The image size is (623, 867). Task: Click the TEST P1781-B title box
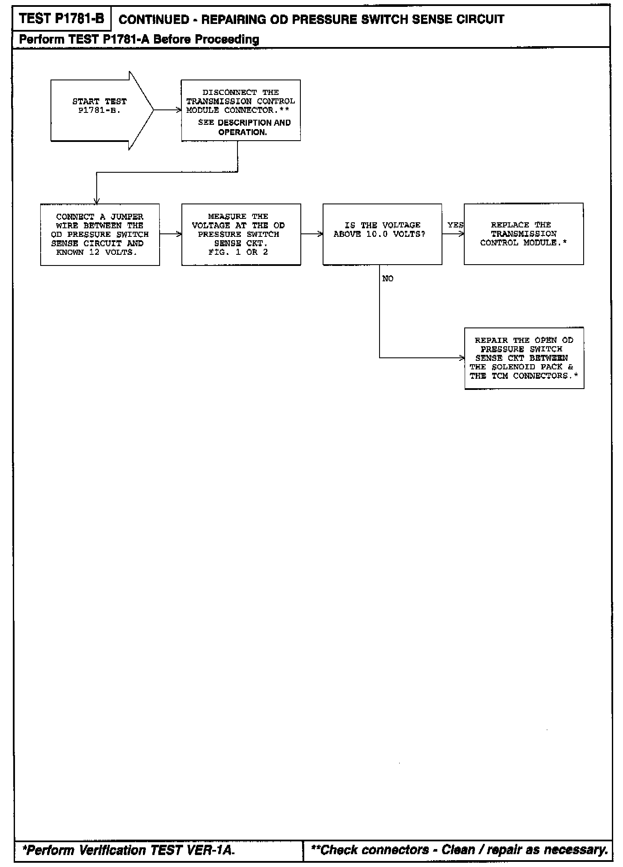click(x=62, y=19)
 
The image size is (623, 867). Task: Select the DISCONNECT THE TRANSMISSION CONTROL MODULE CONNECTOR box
click(x=240, y=110)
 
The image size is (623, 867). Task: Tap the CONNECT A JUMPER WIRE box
click(x=100, y=234)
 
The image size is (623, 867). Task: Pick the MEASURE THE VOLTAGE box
click(x=241, y=234)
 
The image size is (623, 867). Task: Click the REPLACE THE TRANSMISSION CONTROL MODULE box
click(x=523, y=233)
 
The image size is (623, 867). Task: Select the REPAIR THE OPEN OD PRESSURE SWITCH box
click(x=524, y=358)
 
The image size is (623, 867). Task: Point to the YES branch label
click(x=455, y=225)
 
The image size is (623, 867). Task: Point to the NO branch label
click(x=388, y=279)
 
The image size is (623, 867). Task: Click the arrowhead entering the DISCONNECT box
click(x=178, y=110)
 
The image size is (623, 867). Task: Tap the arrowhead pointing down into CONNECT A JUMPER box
click(x=97, y=201)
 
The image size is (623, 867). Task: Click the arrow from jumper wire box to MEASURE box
click(x=171, y=234)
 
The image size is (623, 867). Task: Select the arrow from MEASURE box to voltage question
click(x=312, y=234)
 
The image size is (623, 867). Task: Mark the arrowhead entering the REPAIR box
click(x=462, y=358)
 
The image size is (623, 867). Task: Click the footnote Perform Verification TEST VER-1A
click(x=128, y=850)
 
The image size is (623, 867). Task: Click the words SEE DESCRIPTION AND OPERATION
click(x=244, y=127)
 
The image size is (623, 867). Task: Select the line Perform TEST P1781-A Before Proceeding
click(x=139, y=40)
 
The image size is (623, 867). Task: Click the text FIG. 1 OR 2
click(x=238, y=252)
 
